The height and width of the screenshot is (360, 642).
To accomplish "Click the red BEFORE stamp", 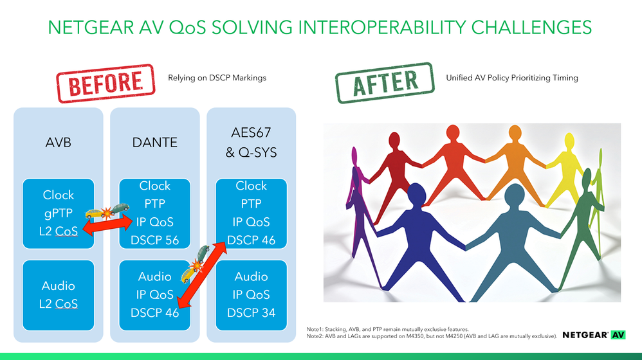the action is click(105, 83).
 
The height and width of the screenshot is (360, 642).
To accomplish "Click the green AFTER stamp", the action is click(385, 83).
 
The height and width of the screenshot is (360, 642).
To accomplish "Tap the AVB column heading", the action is click(58, 142).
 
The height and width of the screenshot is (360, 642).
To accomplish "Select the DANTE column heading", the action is click(155, 142).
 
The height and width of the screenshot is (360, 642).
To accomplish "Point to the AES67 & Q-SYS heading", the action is click(251, 142).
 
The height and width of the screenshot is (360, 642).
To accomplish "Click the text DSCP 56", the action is click(155, 240).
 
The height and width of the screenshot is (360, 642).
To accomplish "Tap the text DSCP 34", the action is click(251, 313).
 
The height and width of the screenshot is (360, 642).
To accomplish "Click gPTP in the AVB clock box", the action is click(58, 213).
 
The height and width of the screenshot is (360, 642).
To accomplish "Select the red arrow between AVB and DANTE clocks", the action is click(107, 226).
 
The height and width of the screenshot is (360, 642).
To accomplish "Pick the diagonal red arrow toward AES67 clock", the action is click(202, 274).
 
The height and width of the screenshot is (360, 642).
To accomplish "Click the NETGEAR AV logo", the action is click(594, 335).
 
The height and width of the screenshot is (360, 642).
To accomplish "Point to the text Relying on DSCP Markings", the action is click(217, 78).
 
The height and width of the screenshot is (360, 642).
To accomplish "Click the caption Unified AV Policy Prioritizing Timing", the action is click(512, 78).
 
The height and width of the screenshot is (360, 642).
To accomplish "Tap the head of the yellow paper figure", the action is click(569, 141).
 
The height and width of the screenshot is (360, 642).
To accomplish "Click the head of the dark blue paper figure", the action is click(416, 194).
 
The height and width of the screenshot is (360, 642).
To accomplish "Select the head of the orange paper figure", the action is click(515, 133).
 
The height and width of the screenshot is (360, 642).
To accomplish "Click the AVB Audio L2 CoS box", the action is click(58, 295).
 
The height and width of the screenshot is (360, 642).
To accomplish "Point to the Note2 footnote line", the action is click(432, 336).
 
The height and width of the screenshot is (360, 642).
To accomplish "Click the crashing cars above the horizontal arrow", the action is click(107, 211).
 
